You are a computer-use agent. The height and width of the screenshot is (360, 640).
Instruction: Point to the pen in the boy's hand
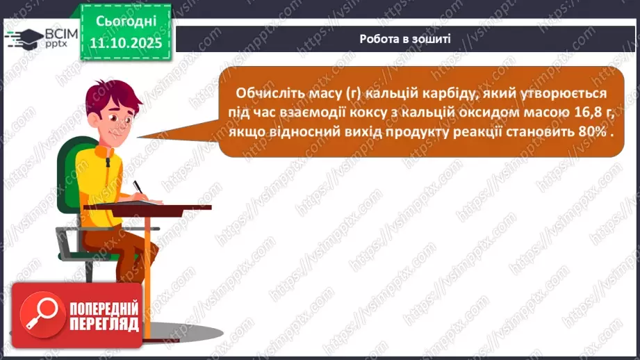click(138, 187)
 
